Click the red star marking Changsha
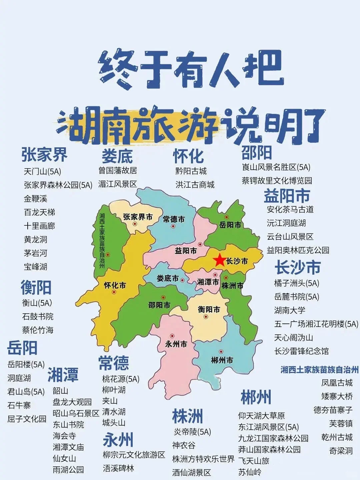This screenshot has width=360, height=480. tap(220, 260)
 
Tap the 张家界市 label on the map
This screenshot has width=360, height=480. tap(138, 217)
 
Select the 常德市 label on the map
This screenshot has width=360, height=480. tap(174, 219)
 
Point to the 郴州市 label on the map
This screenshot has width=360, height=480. tap(222, 360)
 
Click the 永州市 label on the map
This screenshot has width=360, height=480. tap(176, 344)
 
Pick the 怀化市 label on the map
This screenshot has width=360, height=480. tap(115, 285)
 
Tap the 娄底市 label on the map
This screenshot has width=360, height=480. tap(168, 278)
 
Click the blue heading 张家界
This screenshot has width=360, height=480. tap(44, 154)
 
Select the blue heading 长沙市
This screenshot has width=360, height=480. tap(298, 267)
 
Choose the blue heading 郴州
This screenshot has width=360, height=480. tap(256, 397)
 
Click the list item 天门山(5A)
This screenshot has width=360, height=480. tap(42, 172)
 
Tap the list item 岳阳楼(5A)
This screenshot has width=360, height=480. tap(26, 364)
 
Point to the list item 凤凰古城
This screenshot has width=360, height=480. tap(337, 383)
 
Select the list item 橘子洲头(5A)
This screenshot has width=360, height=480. tap(297, 283)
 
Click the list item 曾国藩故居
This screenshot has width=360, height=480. tap(118, 171)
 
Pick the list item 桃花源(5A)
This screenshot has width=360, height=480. tap(121, 379)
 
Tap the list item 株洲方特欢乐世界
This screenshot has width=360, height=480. tap(203, 459)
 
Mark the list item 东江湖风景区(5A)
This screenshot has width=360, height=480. tap(268, 427)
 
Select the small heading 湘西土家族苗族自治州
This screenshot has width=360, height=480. tap(319, 370)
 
